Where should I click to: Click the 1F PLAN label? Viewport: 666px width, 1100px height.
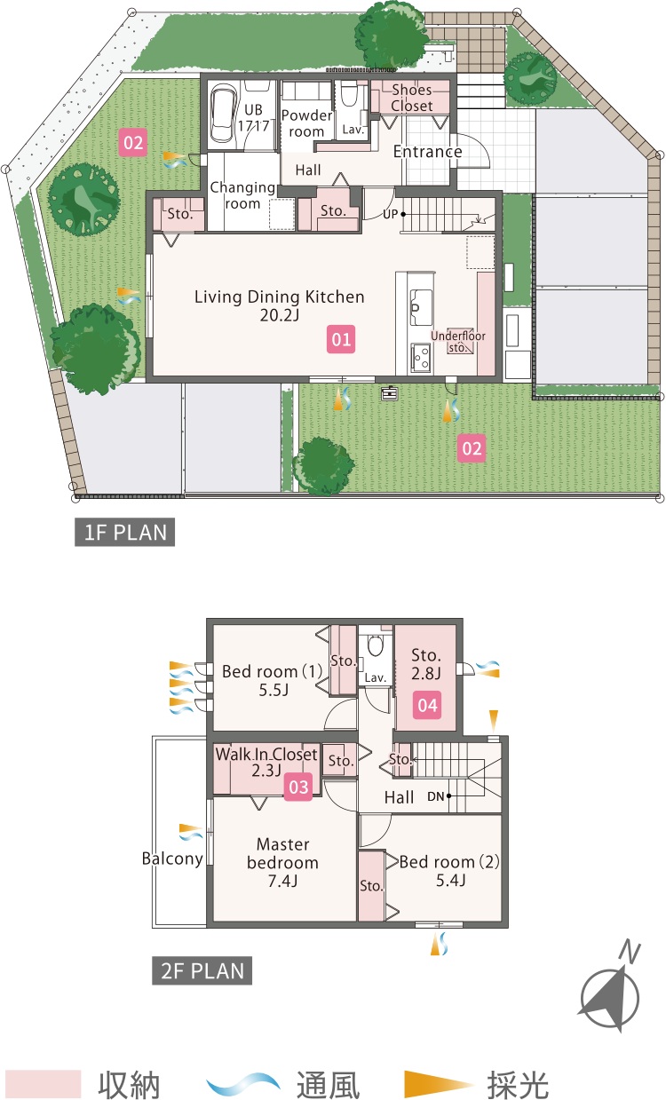(124, 533)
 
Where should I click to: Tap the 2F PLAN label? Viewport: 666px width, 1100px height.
(202, 971)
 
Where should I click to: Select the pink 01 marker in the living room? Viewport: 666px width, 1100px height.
(341, 339)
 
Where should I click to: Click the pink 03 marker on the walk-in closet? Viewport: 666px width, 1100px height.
(298, 787)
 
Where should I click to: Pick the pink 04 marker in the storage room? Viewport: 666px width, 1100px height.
(427, 705)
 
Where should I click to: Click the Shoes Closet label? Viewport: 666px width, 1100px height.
(412, 98)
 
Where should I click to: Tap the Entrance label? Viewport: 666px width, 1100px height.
(428, 152)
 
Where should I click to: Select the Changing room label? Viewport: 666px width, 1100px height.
(242, 195)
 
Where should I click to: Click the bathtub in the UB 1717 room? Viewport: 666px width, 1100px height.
(221, 114)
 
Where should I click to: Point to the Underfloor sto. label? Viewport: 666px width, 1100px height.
(457, 342)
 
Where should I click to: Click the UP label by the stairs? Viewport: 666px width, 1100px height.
(390, 215)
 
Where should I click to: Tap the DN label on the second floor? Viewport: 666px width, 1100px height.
(436, 796)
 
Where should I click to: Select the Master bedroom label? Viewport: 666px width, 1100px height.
(283, 863)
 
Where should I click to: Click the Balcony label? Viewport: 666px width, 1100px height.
(172, 859)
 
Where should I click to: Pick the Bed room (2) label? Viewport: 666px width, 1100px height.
(449, 870)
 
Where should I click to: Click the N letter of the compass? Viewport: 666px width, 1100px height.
(630, 953)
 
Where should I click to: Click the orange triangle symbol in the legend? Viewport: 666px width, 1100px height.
(439, 1083)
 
